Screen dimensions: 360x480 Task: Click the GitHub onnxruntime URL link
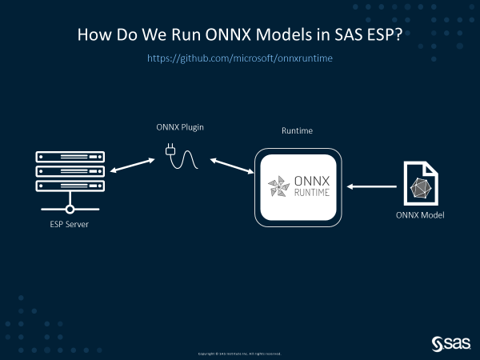pyautogui.click(x=239, y=59)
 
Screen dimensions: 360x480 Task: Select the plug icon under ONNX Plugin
pyautogui.click(x=170, y=150)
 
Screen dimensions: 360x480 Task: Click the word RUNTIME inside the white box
pyautogui.click(x=314, y=194)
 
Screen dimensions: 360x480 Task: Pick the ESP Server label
pyautogui.click(x=64, y=224)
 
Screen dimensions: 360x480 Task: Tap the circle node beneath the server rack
pyautogui.click(x=70, y=210)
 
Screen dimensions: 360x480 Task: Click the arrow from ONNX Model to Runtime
pyautogui.click(x=373, y=187)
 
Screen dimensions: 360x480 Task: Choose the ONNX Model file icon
pyautogui.click(x=419, y=184)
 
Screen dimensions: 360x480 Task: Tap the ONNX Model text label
pyautogui.click(x=420, y=215)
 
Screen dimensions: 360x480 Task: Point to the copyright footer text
pyautogui.click(x=239, y=353)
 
